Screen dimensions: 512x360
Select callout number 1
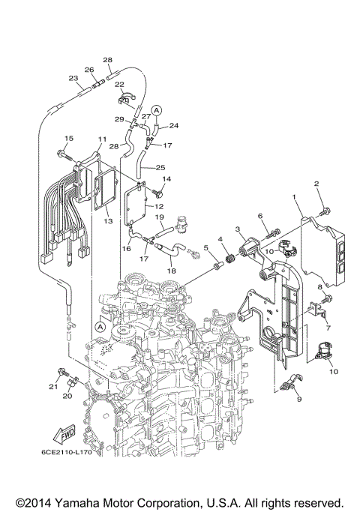tap(295, 198)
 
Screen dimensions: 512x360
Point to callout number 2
tap(317, 184)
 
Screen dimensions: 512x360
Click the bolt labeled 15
tap(64, 156)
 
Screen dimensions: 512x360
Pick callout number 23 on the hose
tap(73, 79)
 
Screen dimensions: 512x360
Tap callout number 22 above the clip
tap(119, 84)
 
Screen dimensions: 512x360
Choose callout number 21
tap(53, 387)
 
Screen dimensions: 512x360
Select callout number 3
tap(237, 229)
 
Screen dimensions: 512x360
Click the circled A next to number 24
tap(157, 109)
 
